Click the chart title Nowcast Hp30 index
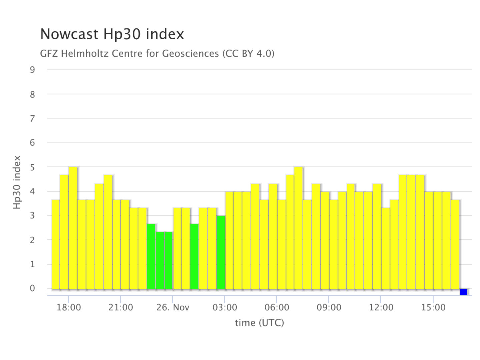coord(112,34)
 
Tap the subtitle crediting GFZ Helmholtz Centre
coord(157,53)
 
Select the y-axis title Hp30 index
coord(17,182)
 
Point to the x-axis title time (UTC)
coord(259,323)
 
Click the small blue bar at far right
coord(463,292)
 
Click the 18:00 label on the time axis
coord(69,307)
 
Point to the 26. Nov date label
coord(173,307)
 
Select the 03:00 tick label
coord(225,307)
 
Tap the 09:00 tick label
coord(329,307)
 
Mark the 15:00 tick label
coord(433,307)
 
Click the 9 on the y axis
coord(32,70)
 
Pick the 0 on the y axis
coord(32,288)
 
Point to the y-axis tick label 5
coord(32,167)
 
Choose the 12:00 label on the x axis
coord(381,307)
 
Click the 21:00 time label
coord(121,307)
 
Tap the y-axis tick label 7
coord(32,118)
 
